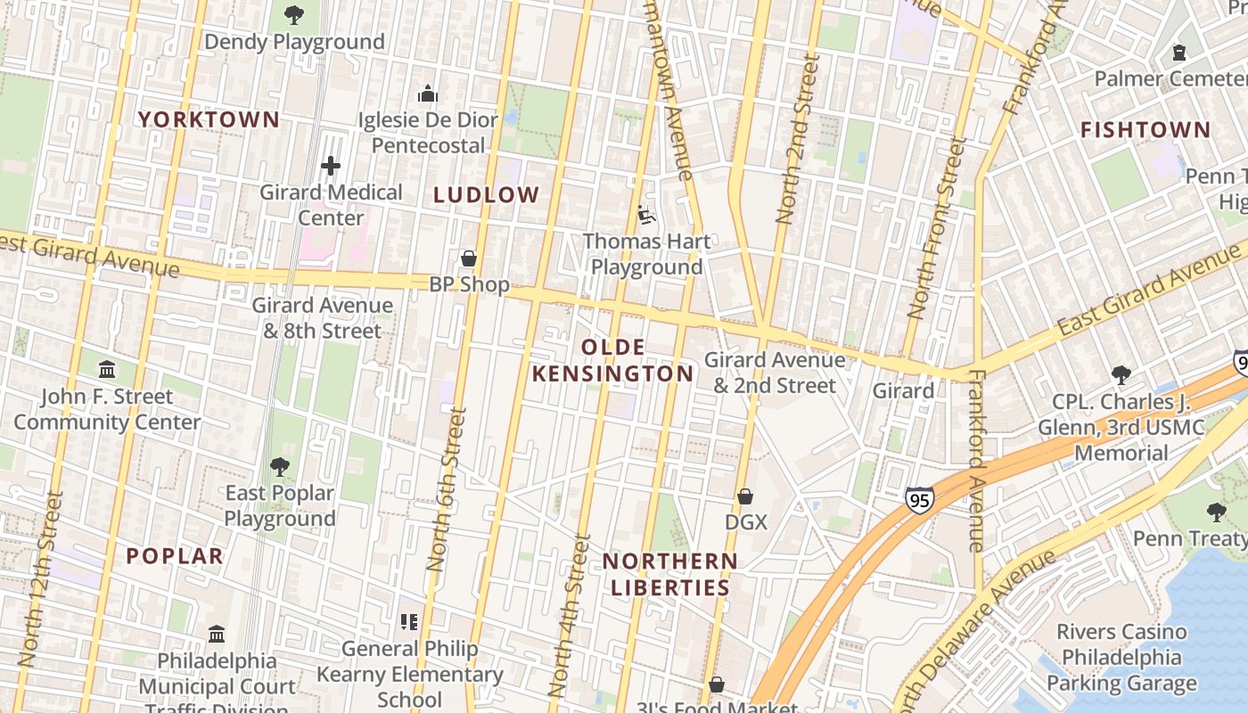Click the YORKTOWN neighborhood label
pos(209,119)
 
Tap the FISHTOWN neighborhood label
pos(1145,130)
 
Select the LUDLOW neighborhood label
pos(487,195)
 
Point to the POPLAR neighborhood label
pos(175,556)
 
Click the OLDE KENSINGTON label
pos(612,360)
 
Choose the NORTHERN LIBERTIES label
pos(669,574)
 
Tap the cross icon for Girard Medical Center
pos(331,166)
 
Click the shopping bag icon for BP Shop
pos(469,259)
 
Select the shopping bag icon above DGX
pos(745,496)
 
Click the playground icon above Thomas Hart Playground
pos(646,215)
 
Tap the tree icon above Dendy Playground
pos(293,15)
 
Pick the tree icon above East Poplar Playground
pos(279,466)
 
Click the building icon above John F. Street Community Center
pos(107,369)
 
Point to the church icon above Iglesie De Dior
pos(428,94)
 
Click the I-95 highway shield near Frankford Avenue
pos(919,499)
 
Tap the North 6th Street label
pos(447,488)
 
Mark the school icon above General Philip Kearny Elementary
pos(409,622)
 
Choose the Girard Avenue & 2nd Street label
pos(775,373)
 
